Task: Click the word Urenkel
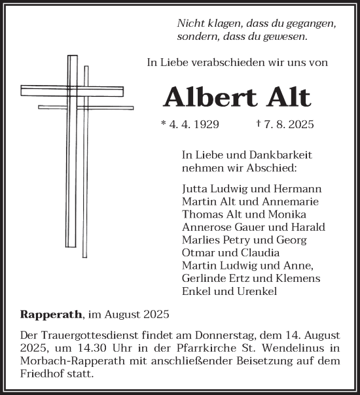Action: pyautogui.click(x=258, y=292)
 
